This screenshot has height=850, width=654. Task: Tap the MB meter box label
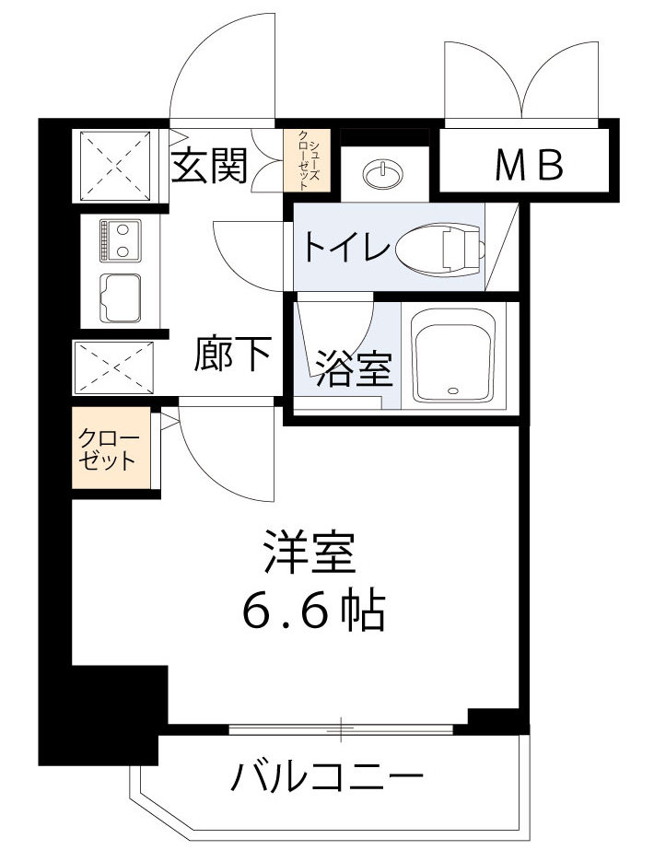(529, 166)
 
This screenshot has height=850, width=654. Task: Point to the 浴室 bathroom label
(355, 368)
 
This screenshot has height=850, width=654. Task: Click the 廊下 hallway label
(234, 354)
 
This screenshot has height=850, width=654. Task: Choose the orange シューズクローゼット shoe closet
(305, 159)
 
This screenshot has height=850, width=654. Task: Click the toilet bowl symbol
(441, 246)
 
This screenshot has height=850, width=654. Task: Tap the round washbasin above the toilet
(380, 171)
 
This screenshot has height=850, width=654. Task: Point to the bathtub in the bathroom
(455, 355)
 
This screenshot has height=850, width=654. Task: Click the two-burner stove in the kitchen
(120, 239)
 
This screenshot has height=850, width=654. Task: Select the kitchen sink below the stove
(120, 297)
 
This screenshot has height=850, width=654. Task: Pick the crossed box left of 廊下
(111, 367)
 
